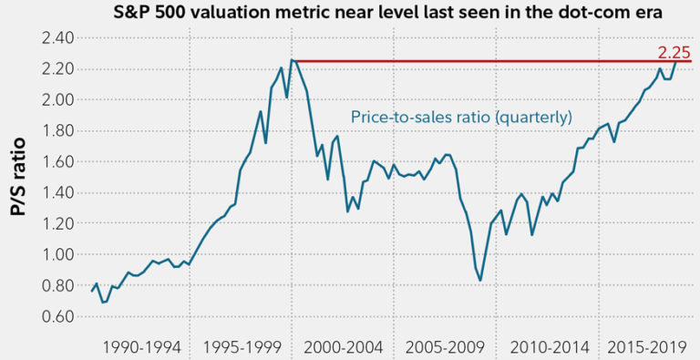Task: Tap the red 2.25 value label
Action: point(673,52)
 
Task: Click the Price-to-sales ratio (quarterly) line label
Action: point(462,117)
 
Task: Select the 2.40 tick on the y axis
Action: point(61,38)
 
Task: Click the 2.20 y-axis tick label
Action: point(61,69)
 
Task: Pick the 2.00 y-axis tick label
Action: point(61,100)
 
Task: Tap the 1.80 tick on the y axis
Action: point(61,131)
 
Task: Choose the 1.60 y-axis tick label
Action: point(61,162)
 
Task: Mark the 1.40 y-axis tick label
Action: point(61,193)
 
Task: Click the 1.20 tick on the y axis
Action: point(61,224)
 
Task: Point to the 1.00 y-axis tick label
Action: point(61,255)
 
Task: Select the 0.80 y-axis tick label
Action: point(61,286)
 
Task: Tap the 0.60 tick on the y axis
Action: point(61,317)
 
